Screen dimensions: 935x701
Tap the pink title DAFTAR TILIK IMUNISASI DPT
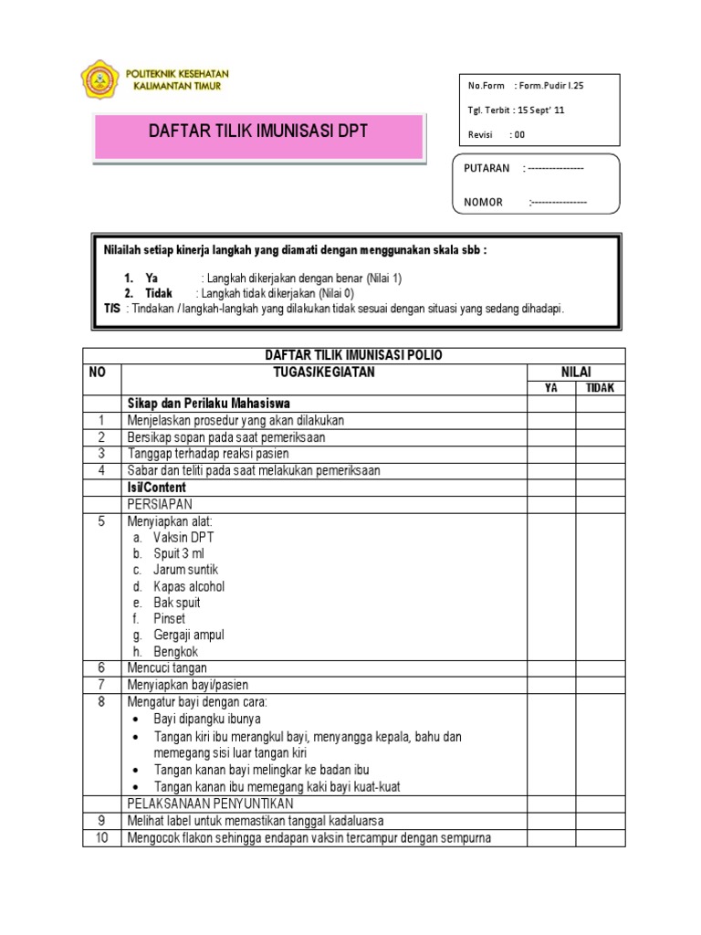(258, 131)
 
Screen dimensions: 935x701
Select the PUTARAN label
(487, 169)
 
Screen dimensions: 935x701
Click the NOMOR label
(484, 202)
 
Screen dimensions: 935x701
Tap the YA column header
(550, 388)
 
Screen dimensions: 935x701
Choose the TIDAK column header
(600, 388)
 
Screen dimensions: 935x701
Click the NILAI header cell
(576, 373)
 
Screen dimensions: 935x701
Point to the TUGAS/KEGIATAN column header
(324, 373)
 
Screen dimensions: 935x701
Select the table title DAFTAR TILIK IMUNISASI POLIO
(353, 356)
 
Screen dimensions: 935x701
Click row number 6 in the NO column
(102, 668)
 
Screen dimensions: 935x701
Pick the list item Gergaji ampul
(189, 636)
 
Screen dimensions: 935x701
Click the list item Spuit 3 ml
(178, 553)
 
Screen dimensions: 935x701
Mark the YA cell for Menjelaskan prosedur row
(550, 420)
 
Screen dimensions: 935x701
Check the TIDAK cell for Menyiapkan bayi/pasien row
(600, 685)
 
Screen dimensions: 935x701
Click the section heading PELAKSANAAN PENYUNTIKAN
(210, 804)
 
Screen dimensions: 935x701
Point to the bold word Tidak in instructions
(159, 293)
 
